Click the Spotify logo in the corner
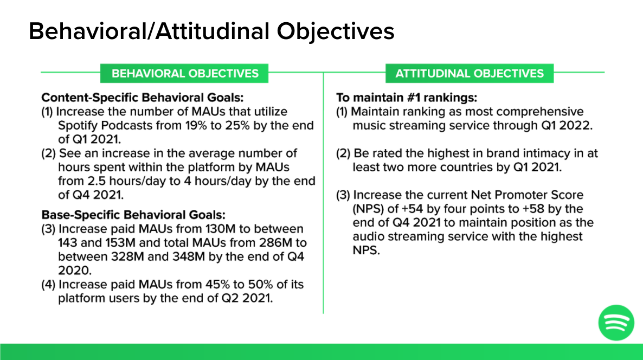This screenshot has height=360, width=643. click(x=616, y=323)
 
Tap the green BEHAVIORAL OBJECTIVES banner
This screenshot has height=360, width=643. click(x=184, y=73)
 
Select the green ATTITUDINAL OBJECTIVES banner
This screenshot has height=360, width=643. click(x=469, y=73)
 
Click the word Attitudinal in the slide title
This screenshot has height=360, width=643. click(x=212, y=31)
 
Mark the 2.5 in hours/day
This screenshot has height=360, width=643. click(x=97, y=181)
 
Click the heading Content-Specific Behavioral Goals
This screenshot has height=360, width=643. click(x=142, y=98)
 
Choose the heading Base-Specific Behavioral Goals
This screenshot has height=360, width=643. click(x=133, y=215)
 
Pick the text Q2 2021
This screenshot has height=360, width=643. click(x=247, y=298)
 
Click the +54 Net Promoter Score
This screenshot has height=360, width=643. click(x=412, y=209)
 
